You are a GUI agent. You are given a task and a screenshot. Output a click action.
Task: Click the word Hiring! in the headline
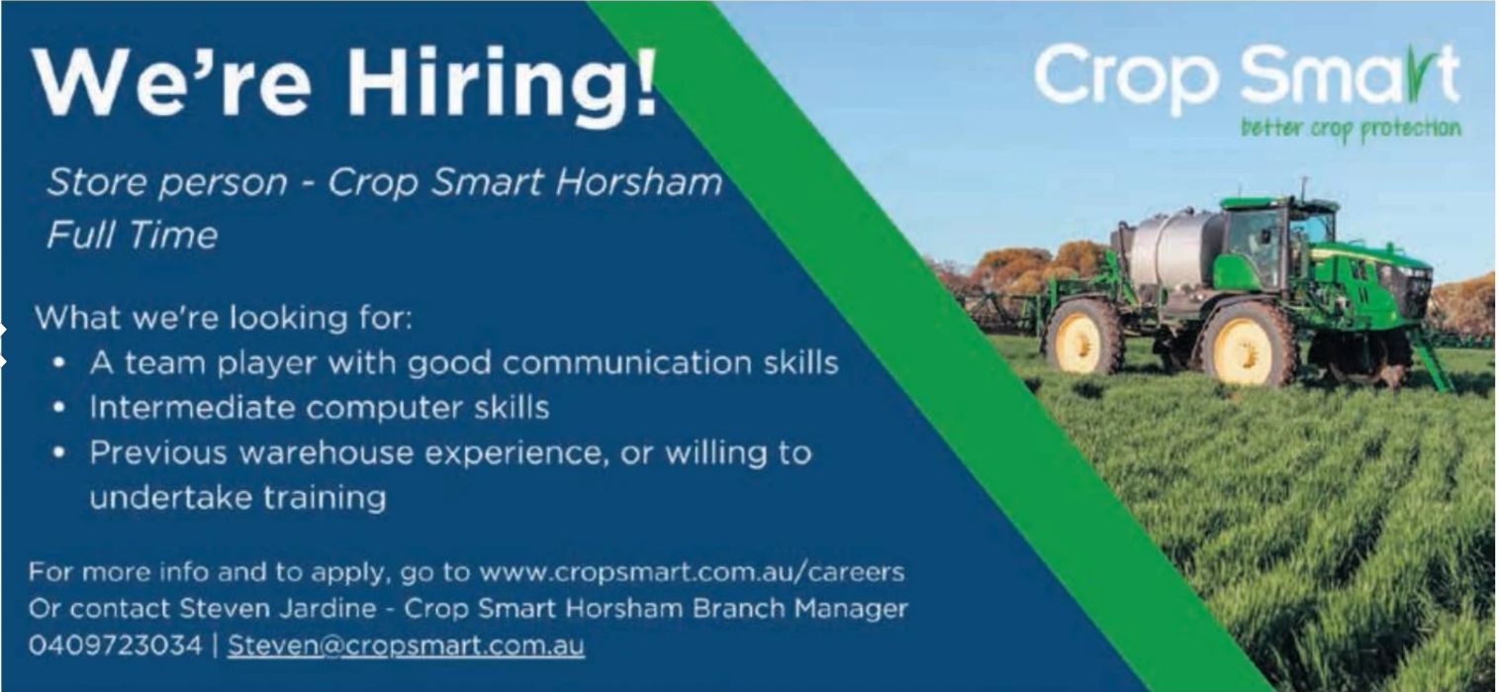pyautogui.click(x=502, y=85)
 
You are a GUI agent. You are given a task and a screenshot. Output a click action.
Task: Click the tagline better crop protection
pyautogui.click(x=1352, y=129)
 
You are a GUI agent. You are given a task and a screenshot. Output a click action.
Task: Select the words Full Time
pyautogui.click(x=132, y=235)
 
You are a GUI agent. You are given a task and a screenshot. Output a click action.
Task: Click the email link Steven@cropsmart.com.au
pyautogui.click(x=406, y=645)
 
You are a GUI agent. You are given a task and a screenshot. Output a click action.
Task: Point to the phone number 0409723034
pyautogui.click(x=115, y=645)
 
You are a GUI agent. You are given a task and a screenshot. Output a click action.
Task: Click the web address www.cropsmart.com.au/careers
pyautogui.click(x=692, y=572)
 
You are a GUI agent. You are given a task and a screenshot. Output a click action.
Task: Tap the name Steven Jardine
pyautogui.click(x=278, y=608)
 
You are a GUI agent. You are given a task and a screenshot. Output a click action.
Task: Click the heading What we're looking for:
pyautogui.click(x=224, y=318)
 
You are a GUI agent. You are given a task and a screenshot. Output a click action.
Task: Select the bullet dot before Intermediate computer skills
pyautogui.click(x=59, y=407)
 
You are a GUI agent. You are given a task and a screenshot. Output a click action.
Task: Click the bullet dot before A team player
pyautogui.click(x=59, y=363)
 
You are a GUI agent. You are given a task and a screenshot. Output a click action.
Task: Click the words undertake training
pyautogui.click(x=237, y=498)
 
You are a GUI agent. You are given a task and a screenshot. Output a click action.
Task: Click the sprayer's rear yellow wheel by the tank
pyautogui.click(x=1082, y=339)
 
